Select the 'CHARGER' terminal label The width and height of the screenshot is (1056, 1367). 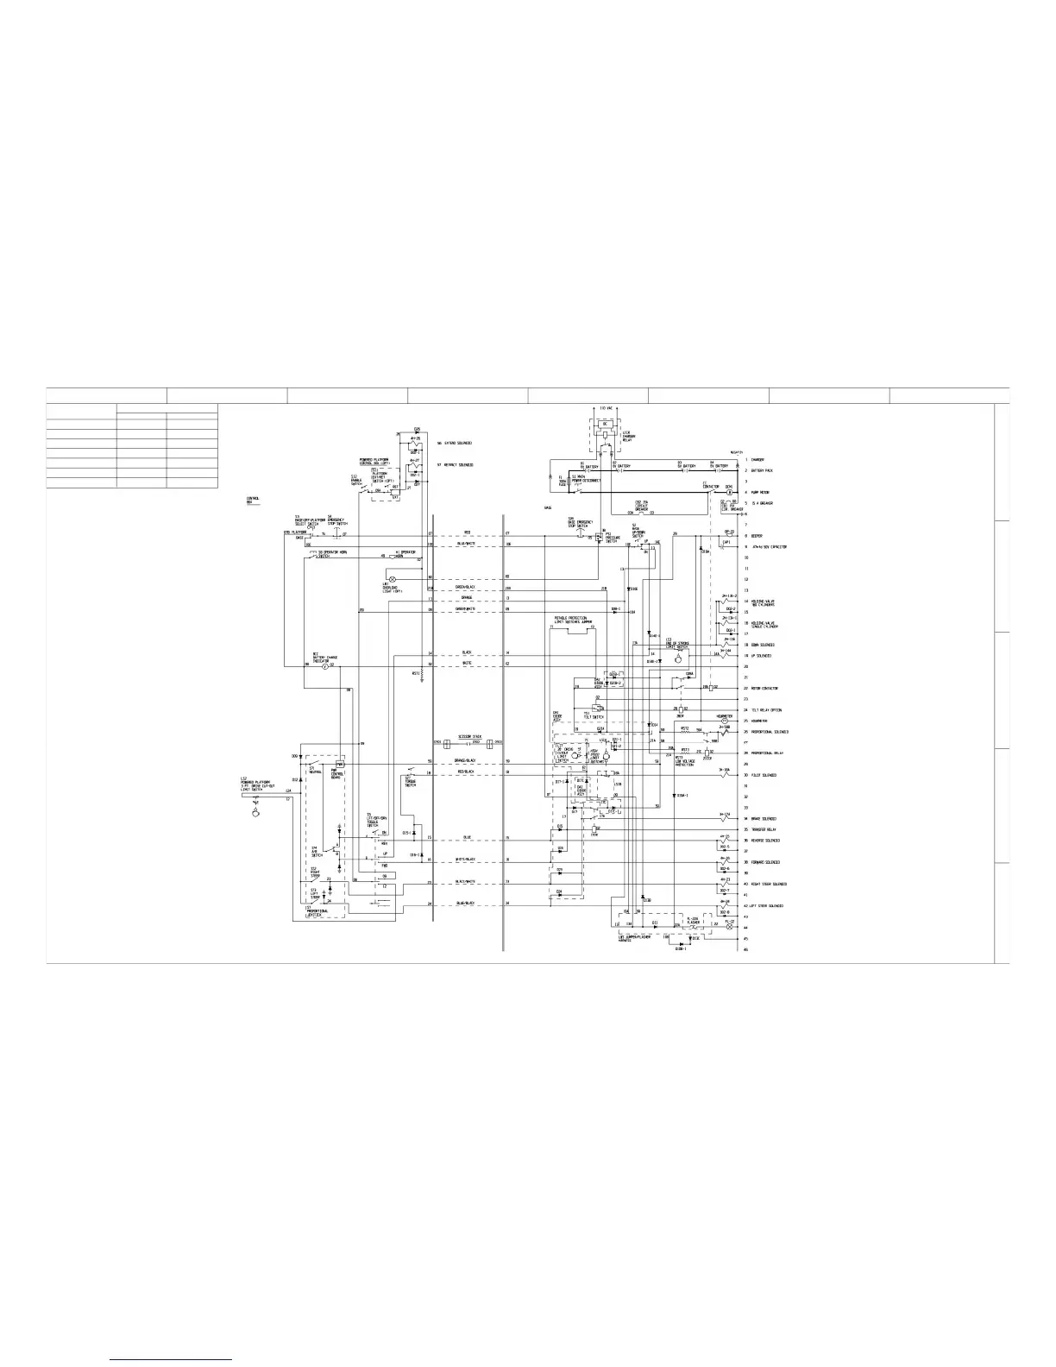[757, 460]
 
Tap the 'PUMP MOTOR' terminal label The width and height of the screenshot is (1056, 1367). [760, 493]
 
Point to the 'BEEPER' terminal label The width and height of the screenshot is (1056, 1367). [757, 536]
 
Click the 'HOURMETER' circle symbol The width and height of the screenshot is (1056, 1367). [725, 720]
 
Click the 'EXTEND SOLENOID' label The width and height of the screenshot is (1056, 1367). [455, 444]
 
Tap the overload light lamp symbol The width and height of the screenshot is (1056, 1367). [393, 577]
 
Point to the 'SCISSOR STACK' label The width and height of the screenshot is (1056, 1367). [469, 737]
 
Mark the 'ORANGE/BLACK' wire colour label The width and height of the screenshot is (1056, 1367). [466, 760]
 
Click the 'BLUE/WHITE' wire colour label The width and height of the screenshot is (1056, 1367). [466, 545]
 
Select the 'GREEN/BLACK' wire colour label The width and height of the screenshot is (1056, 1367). [466, 588]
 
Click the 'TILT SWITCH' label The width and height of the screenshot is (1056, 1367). [593, 715]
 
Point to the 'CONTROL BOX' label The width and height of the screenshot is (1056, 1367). [253, 500]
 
